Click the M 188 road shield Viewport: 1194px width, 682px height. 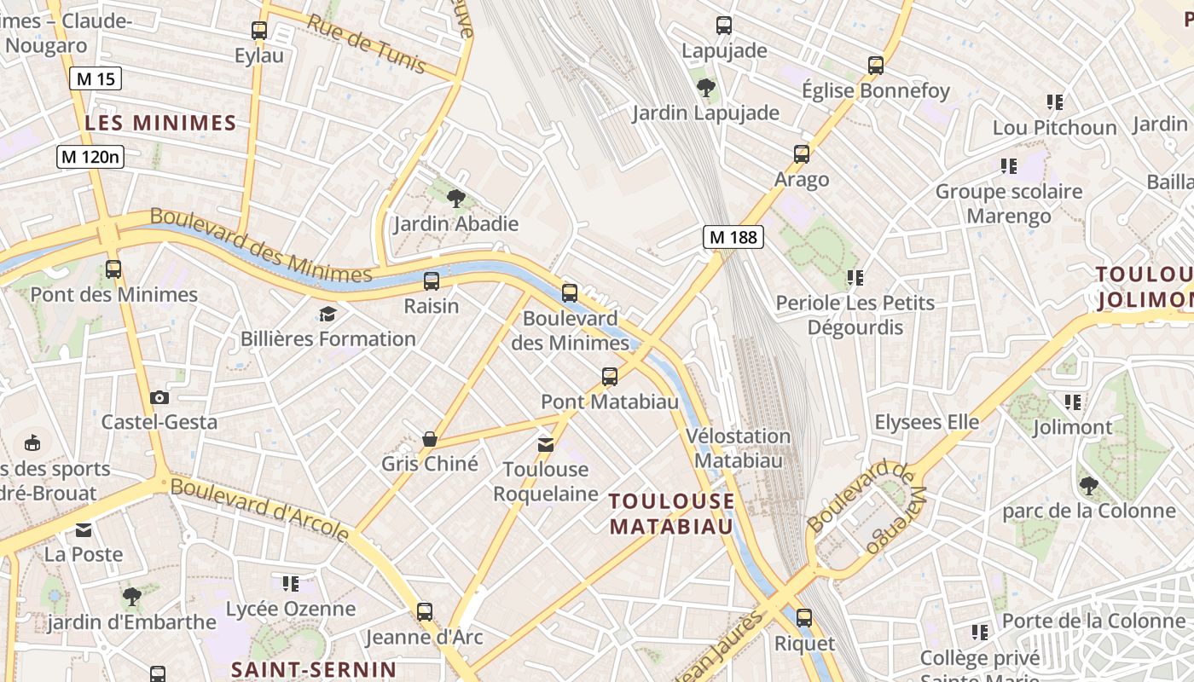tap(733, 237)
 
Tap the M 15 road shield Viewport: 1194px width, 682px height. tap(95, 79)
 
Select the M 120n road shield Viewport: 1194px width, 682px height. tap(91, 157)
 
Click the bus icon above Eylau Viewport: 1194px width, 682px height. tap(259, 31)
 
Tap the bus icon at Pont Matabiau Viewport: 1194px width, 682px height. tap(609, 376)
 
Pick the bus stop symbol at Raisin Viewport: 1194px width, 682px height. tap(432, 280)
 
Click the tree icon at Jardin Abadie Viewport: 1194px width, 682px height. tap(456, 199)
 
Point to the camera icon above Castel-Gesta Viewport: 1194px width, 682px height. tap(159, 397)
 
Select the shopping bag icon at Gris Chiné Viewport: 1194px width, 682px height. tap(430, 439)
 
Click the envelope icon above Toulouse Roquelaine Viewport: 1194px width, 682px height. tap(545, 444)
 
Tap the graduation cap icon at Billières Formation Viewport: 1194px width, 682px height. tap(327, 315)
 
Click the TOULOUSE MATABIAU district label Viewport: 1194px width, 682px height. tap(672, 513)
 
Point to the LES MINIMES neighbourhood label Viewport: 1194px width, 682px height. tap(160, 123)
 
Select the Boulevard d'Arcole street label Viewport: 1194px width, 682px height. tap(259, 510)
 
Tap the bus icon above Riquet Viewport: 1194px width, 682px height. tap(803, 617)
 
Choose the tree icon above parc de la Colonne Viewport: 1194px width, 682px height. tap(1088, 486)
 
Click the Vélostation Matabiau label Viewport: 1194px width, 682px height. tap(738, 448)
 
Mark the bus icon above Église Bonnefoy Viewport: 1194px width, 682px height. tap(875, 65)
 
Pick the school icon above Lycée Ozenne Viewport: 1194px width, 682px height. tap(291, 584)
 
